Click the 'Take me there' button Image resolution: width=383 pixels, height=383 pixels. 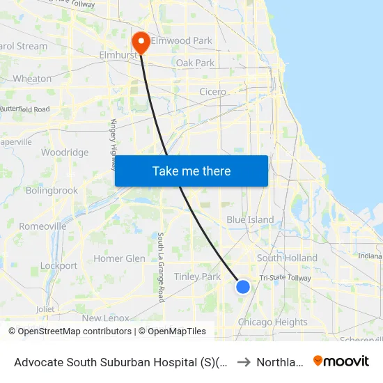pos(191,171)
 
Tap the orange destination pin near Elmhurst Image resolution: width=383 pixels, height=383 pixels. pos(141,42)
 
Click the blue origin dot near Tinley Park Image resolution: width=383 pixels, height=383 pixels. pos(243,286)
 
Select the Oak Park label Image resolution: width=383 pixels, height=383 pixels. pos(196,63)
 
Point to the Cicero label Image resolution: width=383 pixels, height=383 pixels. pos(212,92)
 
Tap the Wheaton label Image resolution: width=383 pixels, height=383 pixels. pos(32,79)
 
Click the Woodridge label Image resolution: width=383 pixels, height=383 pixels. pos(65,153)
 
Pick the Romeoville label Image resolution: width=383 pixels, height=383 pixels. pos(42,226)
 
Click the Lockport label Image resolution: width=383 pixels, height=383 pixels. pos(59,265)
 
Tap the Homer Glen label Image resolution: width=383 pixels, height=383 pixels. pos(120,258)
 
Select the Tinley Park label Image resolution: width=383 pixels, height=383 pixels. pos(197,276)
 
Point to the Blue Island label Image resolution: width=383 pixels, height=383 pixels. pos(250,219)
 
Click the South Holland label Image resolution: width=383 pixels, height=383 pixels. pos(287,258)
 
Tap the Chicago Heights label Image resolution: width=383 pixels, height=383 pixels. pos(272,322)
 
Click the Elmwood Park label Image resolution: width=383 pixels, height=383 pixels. pos(182,40)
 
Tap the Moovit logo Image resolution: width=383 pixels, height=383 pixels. pos(341,361)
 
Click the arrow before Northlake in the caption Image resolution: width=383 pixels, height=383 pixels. pos(244,361)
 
